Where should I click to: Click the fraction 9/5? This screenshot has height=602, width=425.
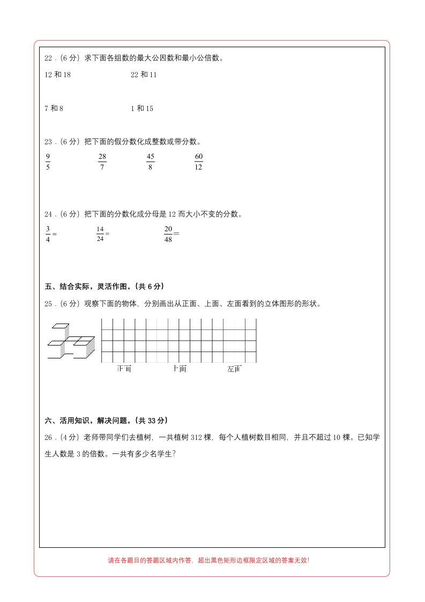point(48,161)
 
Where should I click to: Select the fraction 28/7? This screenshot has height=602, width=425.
point(102,161)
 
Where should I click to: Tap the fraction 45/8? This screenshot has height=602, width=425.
point(150,161)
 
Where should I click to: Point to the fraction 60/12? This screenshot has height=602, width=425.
point(198,161)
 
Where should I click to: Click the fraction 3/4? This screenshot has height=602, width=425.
point(48,234)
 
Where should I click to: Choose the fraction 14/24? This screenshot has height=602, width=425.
point(100,234)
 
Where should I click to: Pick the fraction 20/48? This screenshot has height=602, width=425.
point(168,234)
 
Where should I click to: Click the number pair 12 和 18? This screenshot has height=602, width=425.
point(57,75)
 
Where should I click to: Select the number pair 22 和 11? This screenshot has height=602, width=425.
point(144,75)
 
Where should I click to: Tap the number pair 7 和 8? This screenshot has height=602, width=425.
point(54,108)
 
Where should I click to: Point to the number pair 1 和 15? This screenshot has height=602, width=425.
point(142,108)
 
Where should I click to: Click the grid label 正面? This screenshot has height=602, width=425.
point(124,369)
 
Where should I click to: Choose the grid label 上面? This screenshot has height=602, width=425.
point(180,369)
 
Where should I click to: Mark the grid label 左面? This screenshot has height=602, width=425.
point(234,369)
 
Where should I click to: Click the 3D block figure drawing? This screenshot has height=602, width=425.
point(71,341)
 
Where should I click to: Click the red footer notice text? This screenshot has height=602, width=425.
point(208,560)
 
